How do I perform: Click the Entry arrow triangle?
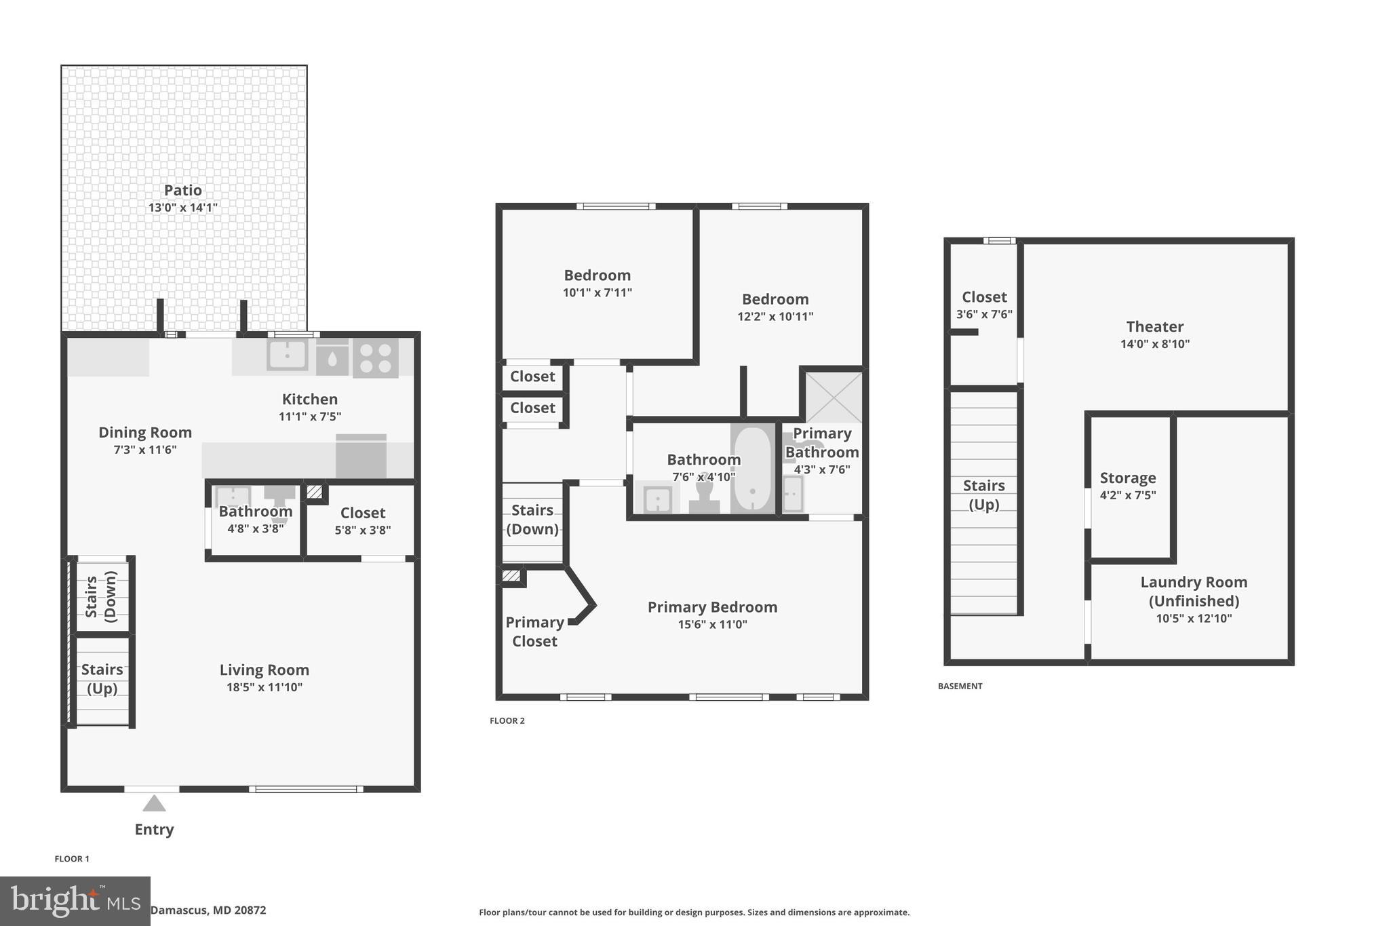click(154, 804)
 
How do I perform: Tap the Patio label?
click(183, 191)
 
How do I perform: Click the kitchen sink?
click(287, 355)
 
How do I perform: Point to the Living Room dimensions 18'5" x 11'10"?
click(265, 687)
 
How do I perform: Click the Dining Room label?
click(145, 432)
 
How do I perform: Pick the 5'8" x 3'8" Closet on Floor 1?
click(363, 520)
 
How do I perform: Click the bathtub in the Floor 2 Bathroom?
click(752, 468)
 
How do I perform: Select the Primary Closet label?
click(534, 632)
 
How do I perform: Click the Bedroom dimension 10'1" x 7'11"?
click(597, 293)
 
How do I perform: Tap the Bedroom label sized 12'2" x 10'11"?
click(775, 299)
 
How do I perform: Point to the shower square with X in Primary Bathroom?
click(834, 397)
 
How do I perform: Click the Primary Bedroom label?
click(712, 607)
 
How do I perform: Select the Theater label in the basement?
click(1154, 327)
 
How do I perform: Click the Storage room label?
click(1128, 478)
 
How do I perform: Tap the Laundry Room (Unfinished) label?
click(1194, 592)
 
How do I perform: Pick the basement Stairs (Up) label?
click(983, 495)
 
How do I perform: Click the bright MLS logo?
click(75, 901)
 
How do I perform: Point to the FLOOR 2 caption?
click(507, 720)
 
